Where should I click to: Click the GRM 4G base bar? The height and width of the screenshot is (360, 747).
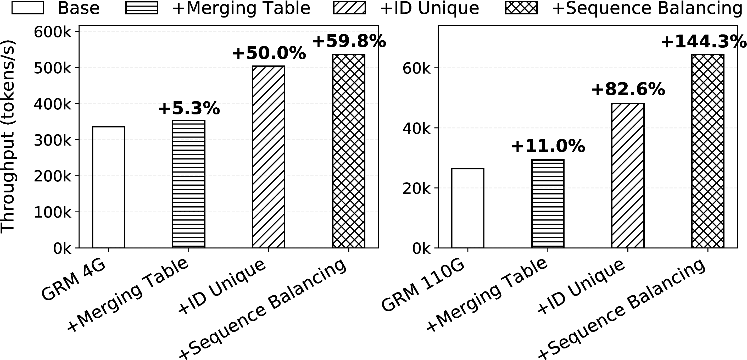(x=108, y=187)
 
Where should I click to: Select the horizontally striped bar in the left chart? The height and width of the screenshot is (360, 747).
(x=188, y=184)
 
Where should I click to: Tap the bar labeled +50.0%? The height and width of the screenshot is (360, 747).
(x=269, y=157)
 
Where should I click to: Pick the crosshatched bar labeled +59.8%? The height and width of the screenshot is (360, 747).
(x=349, y=151)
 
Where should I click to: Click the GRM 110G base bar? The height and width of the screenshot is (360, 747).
(x=468, y=208)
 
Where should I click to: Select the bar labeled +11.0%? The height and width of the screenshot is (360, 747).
(x=548, y=203)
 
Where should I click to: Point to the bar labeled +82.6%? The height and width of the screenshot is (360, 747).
(x=628, y=175)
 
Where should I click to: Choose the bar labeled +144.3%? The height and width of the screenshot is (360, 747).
(x=708, y=151)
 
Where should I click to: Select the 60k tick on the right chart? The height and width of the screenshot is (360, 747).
(x=417, y=68)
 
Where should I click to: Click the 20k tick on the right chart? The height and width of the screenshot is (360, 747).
(x=417, y=189)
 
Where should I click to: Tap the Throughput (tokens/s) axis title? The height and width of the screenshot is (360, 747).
(x=8, y=136)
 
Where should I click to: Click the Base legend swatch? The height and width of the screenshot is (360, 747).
(x=27, y=8)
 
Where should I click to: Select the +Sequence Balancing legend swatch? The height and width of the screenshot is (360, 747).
(x=521, y=8)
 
